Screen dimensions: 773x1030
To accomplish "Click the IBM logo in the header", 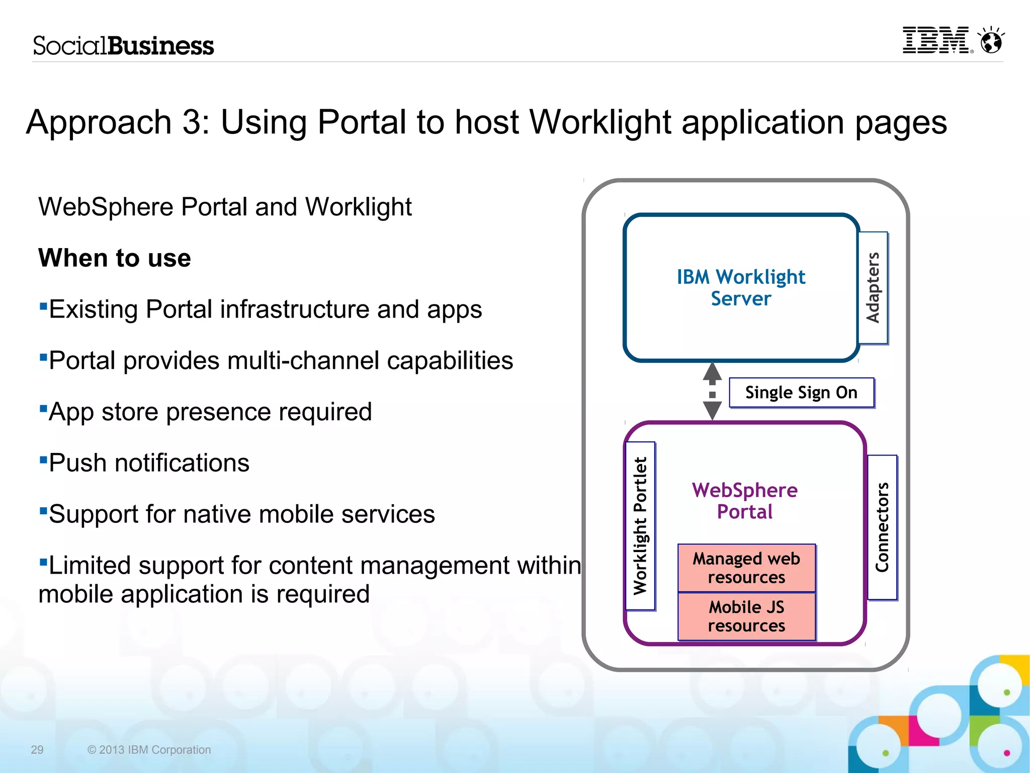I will coord(936,40).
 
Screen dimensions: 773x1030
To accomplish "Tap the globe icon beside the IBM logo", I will coord(991,41).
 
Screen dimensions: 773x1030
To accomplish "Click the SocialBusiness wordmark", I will coord(124,46).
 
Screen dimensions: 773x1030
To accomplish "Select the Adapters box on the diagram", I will coord(873,288).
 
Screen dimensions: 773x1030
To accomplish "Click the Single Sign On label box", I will coord(801,393).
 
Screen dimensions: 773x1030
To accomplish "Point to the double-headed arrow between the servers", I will coord(712,391).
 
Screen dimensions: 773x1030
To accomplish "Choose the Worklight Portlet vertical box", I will coord(640,526).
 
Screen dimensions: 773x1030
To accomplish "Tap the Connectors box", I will coord(882,527).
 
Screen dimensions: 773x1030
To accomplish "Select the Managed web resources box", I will coord(746,568).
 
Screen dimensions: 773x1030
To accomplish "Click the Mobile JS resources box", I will coord(746,616).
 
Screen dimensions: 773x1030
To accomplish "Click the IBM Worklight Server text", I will coord(741,288).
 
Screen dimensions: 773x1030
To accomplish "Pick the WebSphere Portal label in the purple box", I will coord(745,501).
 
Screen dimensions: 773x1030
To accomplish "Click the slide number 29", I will coord(37,750).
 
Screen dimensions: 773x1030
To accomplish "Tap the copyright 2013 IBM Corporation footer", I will coord(149,750).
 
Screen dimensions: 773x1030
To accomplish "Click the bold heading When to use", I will coord(115,258).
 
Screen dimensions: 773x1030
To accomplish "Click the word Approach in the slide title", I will coord(99,122).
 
